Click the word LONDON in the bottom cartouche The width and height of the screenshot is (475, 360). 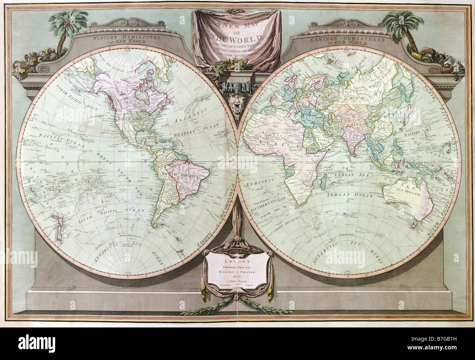[x=237, y=261]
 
